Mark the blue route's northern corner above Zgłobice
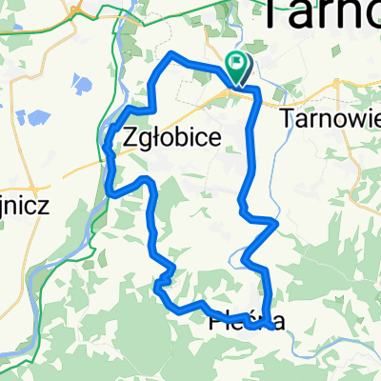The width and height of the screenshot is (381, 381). pyautogui.click(x=171, y=56)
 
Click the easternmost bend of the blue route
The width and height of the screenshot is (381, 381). pyautogui.click(x=277, y=223)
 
